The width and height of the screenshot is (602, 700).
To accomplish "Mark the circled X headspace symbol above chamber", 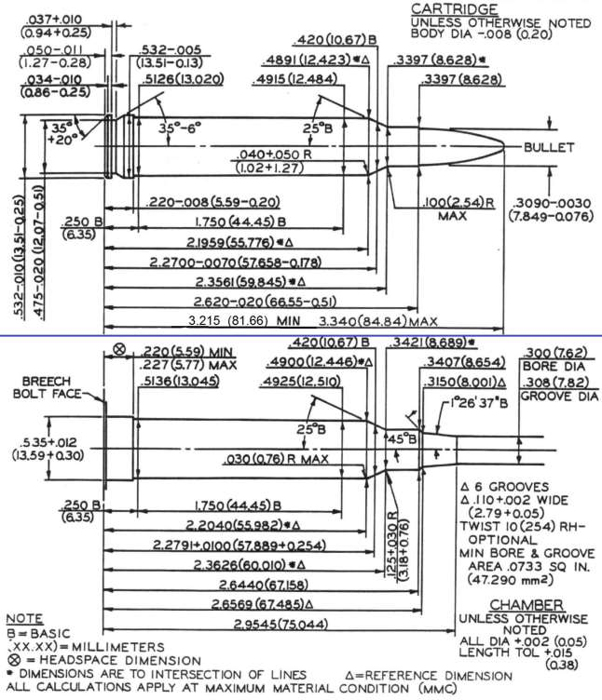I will click(x=119, y=350).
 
